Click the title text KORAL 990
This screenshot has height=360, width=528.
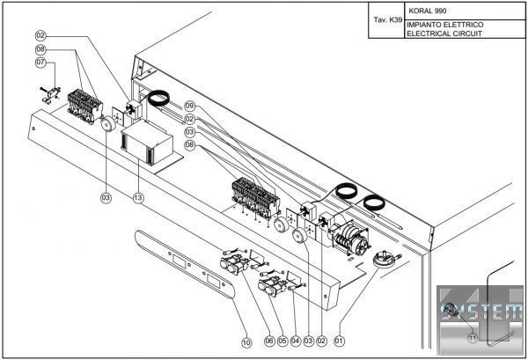pyautogui.click(x=428, y=11)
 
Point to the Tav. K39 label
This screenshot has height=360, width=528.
pyautogui.click(x=386, y=18)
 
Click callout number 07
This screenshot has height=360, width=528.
pyautogui.click(x=40, y=62)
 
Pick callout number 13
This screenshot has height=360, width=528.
pyautogui.click(x=138, y=199)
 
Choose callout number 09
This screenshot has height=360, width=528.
pyautogui.click(x=189, y=106)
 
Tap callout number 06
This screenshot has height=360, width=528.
pyautogui.click(x=269, y=340)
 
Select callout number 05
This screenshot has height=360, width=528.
pyautogui.click(x=282, y=340)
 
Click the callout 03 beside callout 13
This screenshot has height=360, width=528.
pyautogui.click(x=106, y=199)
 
